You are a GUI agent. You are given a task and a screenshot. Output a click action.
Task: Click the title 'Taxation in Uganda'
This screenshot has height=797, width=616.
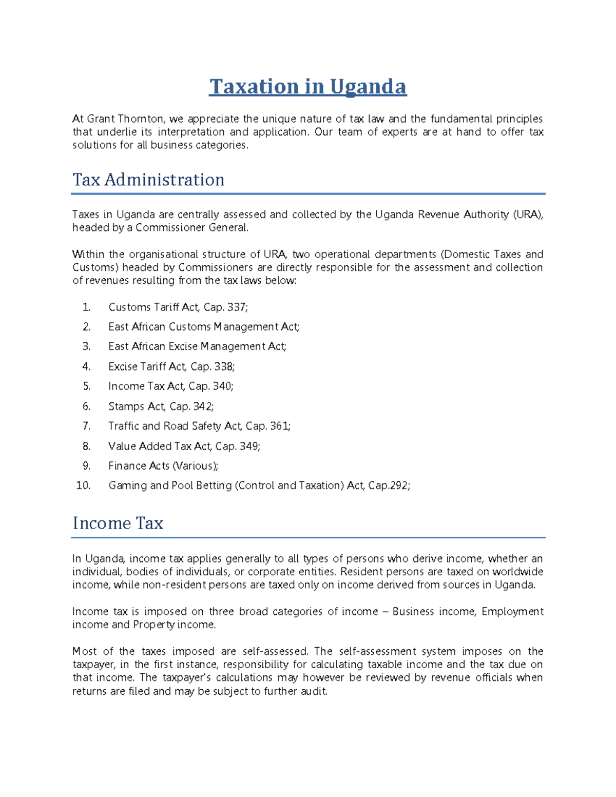(x=307, y=87)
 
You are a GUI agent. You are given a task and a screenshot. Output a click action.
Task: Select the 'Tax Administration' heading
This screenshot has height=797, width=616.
(x=148, y=180)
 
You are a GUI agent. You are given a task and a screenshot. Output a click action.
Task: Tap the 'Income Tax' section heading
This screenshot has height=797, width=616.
(x=118, y=523)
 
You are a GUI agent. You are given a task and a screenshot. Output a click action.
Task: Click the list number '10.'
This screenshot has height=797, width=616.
(x=83, y=485)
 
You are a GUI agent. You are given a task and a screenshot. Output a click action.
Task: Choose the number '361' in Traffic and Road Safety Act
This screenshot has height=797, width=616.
(x=279, y=426)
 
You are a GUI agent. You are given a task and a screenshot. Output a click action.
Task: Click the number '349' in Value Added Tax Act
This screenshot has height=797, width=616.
(x=249, y=446)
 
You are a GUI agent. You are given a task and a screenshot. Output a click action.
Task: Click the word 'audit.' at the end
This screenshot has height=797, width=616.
(x=314, y=691)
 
